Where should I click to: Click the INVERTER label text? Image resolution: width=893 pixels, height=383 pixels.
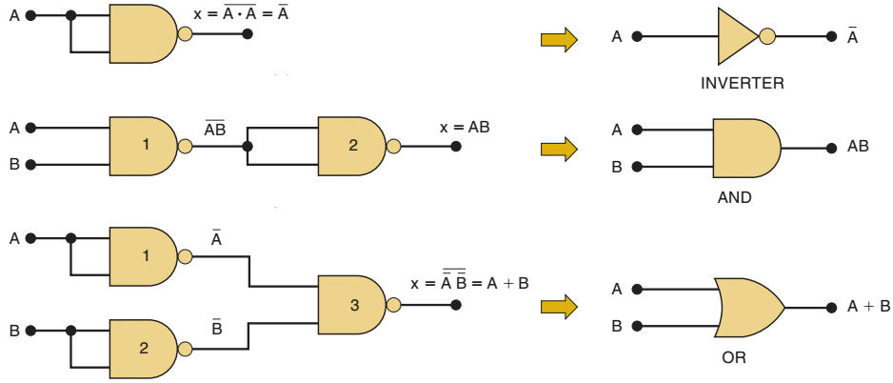743,83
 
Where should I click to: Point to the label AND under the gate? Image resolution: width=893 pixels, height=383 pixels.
734,199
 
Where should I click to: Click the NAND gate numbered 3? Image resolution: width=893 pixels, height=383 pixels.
350,306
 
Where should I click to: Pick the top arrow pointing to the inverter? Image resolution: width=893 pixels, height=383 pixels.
559,39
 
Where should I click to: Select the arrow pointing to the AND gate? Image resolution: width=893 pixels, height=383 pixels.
559,149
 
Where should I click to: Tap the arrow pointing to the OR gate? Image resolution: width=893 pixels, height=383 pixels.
559,307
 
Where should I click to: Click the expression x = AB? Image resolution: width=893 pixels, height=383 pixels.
466,127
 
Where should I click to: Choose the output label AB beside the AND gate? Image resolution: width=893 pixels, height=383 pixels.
858,148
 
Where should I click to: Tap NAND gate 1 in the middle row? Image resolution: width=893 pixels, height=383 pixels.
144,147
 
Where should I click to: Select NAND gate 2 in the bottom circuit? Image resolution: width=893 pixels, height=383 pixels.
144,349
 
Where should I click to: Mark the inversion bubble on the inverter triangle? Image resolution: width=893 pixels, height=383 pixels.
766,37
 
